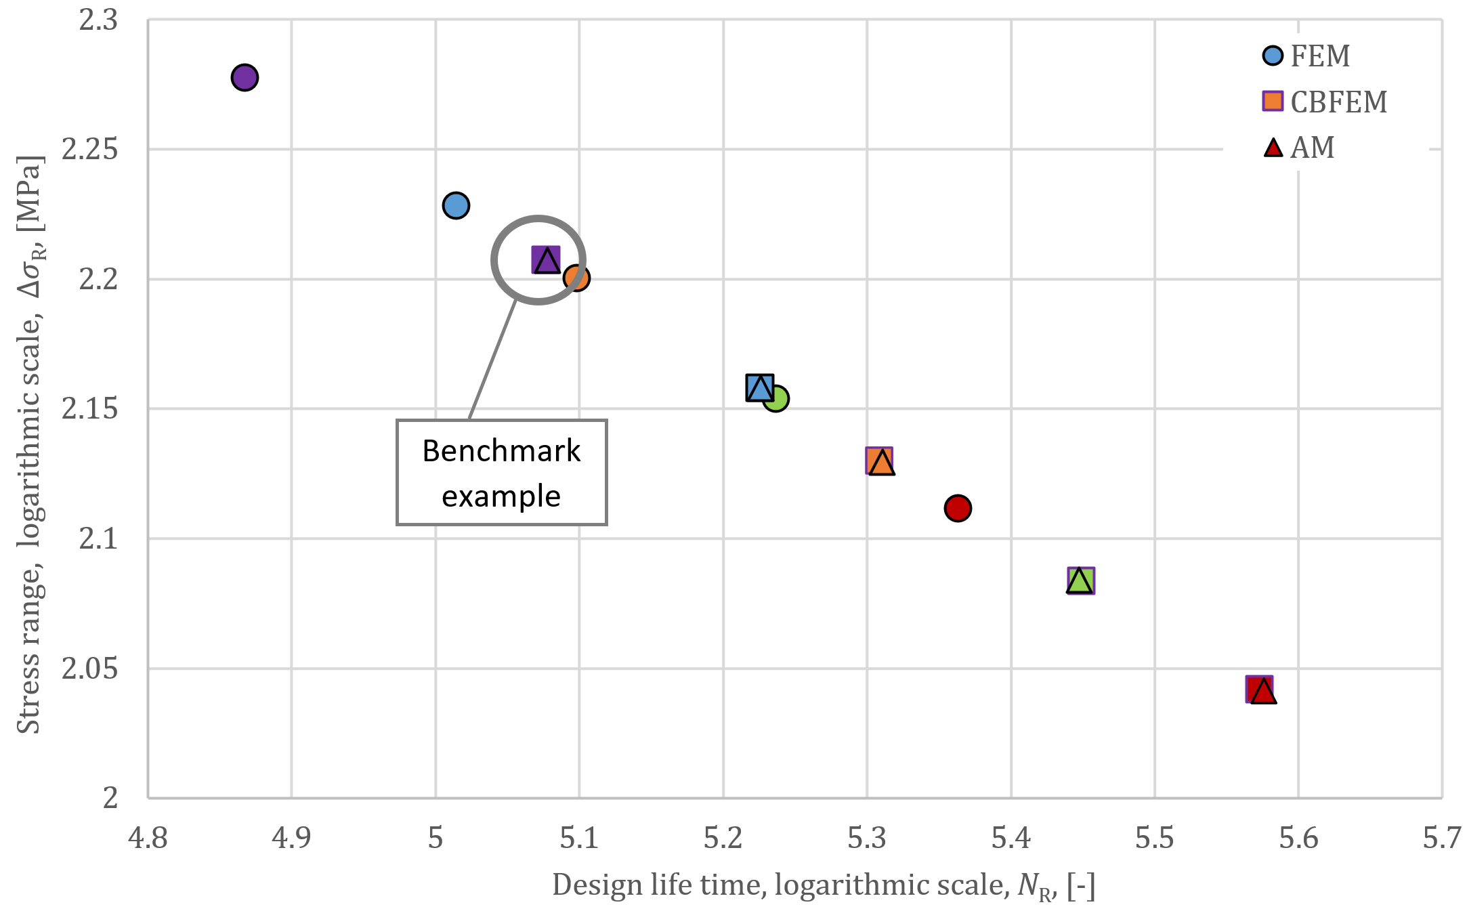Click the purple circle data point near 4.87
click(244, 77)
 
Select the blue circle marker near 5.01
click(456, 205)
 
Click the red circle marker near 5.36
click(958, 508)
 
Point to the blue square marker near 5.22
click(759, 387)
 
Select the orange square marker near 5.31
click(879, 461)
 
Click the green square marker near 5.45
click(1081, 580)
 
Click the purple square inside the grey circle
click(546, 259)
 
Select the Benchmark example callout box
click(501, 473)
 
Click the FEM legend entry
click(1307, 56)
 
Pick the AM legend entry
click(1300, 148)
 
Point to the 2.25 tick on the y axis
click(89, 150)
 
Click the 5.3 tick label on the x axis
click(867, 839)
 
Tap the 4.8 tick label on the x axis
click(148, 839)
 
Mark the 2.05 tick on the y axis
click(89, 669)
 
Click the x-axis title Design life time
click(823, 886)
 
